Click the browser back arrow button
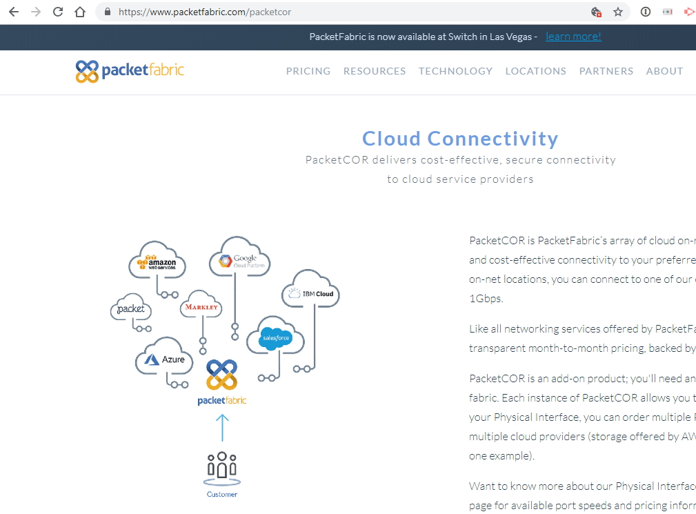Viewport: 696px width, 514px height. [14, 12]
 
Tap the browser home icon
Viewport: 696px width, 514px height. [80, 12]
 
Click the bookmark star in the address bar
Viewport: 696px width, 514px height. [618, 12]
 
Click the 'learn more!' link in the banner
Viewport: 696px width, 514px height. [573, 37]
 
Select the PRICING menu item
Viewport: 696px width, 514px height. [308, 71]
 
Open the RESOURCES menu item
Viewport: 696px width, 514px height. [375, 71]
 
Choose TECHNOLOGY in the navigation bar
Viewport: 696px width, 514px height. [455, 71]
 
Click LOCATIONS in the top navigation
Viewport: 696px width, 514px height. [535, 71]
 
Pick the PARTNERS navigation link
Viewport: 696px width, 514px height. [606, 71]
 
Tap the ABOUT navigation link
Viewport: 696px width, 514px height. [664, 71]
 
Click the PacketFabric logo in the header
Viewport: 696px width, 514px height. [130, 71]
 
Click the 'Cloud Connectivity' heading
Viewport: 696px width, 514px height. [460, 139]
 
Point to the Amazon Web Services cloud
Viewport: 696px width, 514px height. [157, 261]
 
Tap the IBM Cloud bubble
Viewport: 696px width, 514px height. [311, 293]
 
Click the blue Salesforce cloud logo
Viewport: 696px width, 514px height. [275, 338]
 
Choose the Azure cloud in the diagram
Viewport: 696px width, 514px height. [165, 359]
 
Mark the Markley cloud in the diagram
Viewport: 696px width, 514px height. [201, 307]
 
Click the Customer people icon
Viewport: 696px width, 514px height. [222, 467]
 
